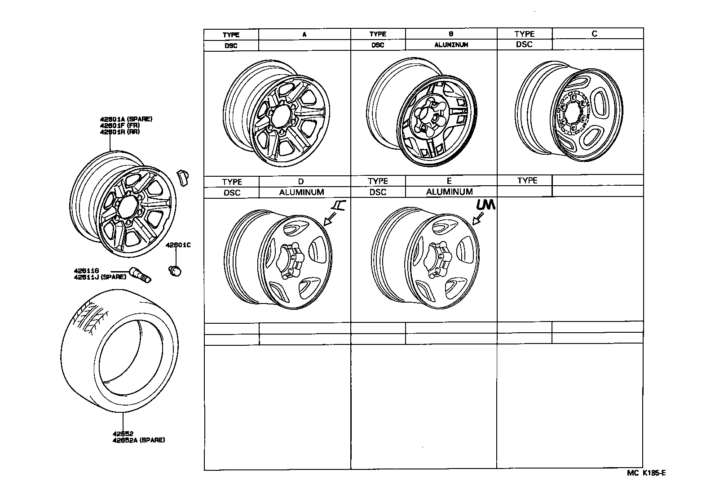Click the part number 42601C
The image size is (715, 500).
178,246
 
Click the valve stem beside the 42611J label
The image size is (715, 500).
141,275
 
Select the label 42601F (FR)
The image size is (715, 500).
120,125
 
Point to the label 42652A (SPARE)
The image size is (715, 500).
139,440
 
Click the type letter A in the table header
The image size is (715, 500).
304,35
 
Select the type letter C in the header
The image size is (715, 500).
594,34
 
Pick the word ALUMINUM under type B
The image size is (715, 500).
451,45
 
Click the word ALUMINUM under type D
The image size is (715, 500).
301,192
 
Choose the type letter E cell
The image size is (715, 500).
449,181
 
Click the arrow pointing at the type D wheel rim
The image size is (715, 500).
330,219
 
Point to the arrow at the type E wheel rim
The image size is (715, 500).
478,219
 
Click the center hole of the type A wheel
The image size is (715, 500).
280,114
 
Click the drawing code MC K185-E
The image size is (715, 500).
646,473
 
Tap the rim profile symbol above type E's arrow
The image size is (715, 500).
485,205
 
